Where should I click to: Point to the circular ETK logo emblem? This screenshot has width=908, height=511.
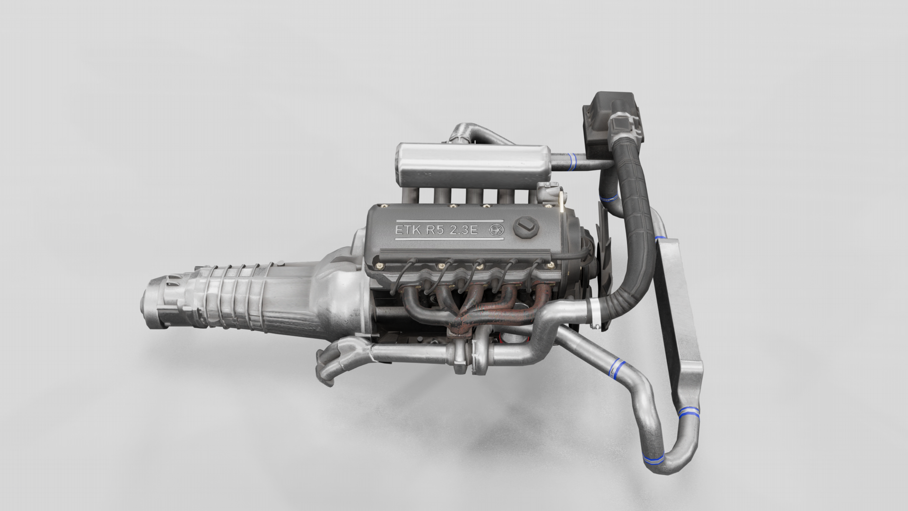pyautogui.click(x=497, y=229)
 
